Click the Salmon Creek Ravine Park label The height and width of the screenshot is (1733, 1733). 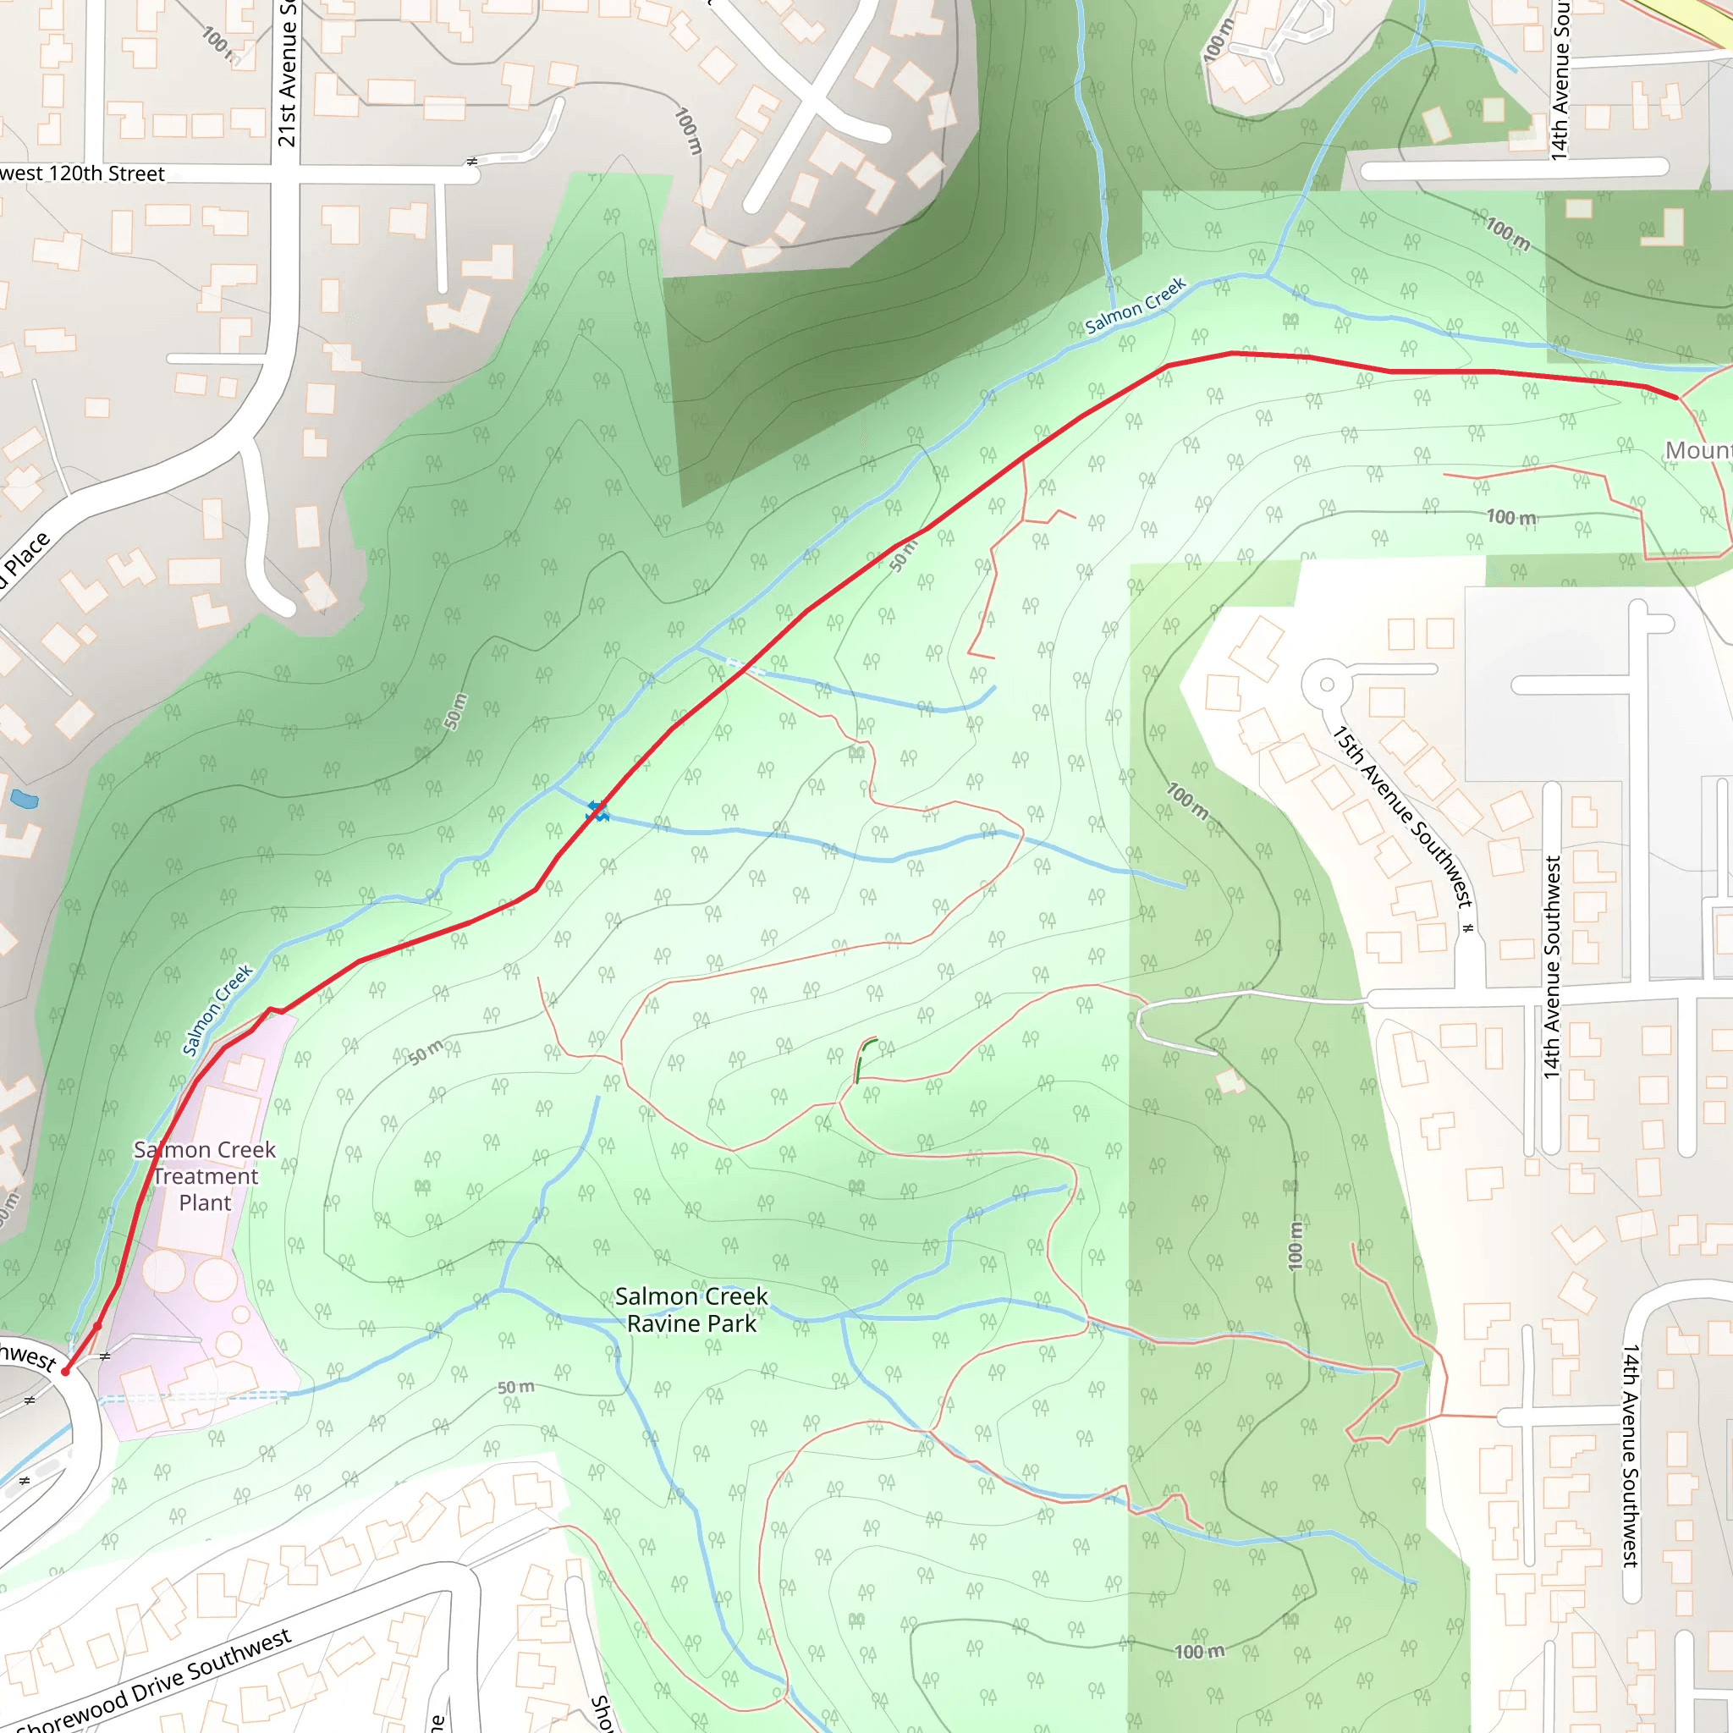pyautogui.click(x=690, y=1310)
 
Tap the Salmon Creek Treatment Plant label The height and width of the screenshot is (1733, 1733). pyautogui.click(x=205, y=1175)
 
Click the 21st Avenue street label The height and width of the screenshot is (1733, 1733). pyautogui.click(x=286, y=76)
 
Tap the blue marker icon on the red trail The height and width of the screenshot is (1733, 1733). pyautogui.click(x=597, y=811)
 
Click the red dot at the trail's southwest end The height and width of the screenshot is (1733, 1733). pyautogui.click(x=65, y=1372)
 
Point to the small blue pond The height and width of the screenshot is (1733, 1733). pyautogui.click(x=25, y=798)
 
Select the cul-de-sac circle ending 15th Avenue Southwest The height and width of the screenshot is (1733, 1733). pyautogui.click(x=1327, y=685)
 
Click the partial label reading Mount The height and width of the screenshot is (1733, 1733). pyautogui.click(x=1697, y=450)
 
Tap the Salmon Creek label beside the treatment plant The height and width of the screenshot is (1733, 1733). pyautogui.click(x=218, y=1010)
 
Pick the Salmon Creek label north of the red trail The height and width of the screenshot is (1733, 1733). pyautogui.click(x=1135, y=305)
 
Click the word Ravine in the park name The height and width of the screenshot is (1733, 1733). pyautogui.click(x=663, y=1324)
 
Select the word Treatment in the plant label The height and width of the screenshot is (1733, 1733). pyautogui.click(x=206, y=1176)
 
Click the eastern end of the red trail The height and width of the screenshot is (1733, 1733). pyautogui.click(x=1675, y=397)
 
